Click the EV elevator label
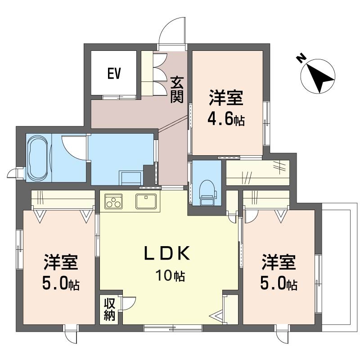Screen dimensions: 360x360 (x=114, y=73)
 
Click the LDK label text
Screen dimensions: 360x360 (x=167, y=253)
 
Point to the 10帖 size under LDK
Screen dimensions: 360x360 (x=171, y=275)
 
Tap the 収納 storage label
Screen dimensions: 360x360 (x=109, y=310)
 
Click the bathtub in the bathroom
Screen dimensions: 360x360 (x=38, y=158)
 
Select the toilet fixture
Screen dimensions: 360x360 (x=208, y=192)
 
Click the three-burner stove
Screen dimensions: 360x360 (x=113, y=201)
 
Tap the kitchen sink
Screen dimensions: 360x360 (x=146, y=201)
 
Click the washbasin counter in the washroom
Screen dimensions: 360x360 (x=131, y=178)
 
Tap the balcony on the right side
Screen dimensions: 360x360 (x=339, y=267)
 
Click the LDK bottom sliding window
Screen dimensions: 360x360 (x=173, y=328)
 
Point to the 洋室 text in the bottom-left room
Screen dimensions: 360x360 (x=61, y=262)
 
